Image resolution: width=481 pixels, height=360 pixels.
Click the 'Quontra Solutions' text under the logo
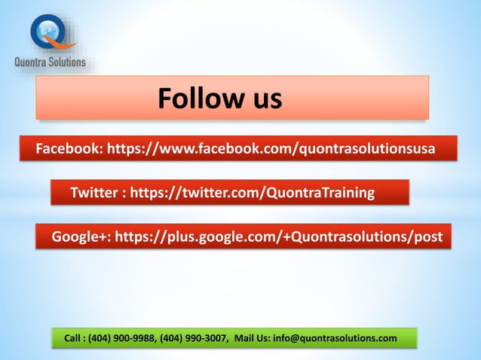(51, 62)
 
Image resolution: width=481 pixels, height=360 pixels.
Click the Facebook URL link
(271, 149)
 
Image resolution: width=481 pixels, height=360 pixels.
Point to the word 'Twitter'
(93, 193)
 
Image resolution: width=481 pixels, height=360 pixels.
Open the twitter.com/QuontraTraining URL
(253, 193)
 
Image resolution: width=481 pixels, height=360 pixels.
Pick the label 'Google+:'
(81, 237)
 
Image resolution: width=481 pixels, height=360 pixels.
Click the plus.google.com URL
(278, 237)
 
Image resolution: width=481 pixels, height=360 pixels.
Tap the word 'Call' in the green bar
(74, 338)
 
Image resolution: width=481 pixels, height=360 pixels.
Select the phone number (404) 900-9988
(121, 338)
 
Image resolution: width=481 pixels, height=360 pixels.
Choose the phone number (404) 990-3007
(191, 338)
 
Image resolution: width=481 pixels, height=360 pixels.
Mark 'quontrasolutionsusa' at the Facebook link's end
(367, 149)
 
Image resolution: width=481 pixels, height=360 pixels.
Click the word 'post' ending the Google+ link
(427, 237)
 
